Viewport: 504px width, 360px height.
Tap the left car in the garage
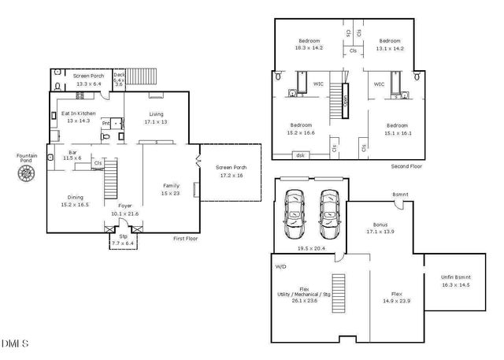point(295,213)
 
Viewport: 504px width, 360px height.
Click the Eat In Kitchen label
point(78,113)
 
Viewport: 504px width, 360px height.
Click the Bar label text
point(72,152)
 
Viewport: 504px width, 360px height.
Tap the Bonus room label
point(380,224)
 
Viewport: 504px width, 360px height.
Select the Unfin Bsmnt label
point(455,277)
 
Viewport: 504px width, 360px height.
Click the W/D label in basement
point(280,266)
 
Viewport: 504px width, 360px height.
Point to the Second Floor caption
point(407,167)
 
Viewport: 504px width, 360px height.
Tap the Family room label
point(171,185)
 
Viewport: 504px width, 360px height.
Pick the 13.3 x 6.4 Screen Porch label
point(87,76)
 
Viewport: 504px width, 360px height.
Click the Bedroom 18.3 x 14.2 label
point(309,41)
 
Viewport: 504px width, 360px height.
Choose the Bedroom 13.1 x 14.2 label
point(391,41)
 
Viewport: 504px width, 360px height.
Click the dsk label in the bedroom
point(300,155)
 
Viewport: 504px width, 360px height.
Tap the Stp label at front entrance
point(123,236)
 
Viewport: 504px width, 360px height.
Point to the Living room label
point(157,113)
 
